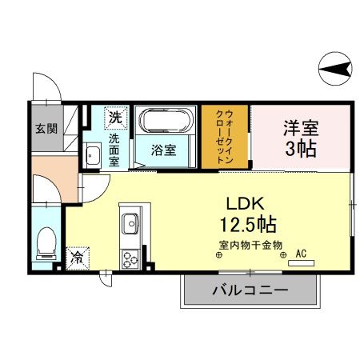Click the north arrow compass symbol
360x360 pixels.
(335, 69)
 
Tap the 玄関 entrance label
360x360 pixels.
(46, 129)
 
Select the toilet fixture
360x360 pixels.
(46, 243)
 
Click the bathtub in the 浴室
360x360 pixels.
(166, 120)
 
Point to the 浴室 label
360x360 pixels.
(164, 150)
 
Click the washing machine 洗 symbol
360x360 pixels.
(116, 118)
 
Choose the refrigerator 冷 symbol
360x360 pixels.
(78, 258)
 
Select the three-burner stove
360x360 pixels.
(130, 259)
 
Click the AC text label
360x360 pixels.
(301, 254)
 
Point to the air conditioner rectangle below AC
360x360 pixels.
(301, 263)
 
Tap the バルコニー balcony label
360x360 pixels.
(250, 290)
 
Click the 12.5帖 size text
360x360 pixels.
(248, 224)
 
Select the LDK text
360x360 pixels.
(246, 204)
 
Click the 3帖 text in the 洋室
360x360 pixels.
(301, 148)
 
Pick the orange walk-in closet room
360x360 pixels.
(225, 137)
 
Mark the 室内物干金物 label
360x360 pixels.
(250, 245)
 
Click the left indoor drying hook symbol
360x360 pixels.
(218, 255)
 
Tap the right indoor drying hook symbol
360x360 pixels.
(283, 255)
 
